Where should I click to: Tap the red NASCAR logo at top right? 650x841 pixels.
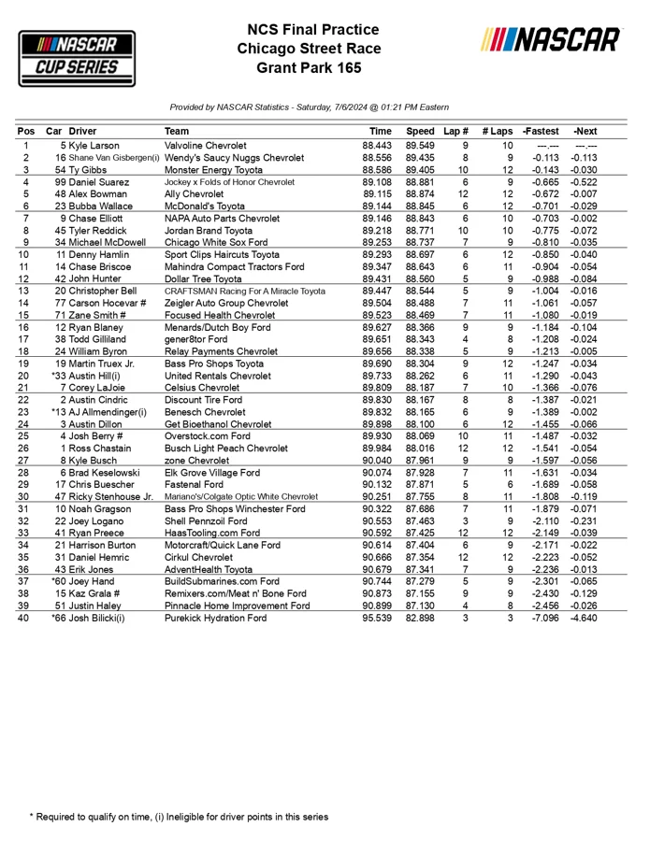[x=550, y=40]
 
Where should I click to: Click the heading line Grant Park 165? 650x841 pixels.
[x=308, y=68]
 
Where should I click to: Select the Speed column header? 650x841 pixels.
[x=420, y=132]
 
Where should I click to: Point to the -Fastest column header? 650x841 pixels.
[x=542, y=132]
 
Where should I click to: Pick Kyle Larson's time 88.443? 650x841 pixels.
[x=377, y=146]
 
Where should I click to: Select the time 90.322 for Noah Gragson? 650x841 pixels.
[x=377, y=508]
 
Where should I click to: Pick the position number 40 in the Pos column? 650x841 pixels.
[x=25, y=618]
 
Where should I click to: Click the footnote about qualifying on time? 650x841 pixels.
[x=179, y=817]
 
